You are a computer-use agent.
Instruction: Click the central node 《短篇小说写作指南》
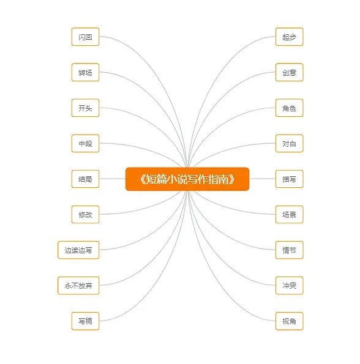click(x=187, y=179)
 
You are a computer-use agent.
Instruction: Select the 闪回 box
click(x=85, y=37)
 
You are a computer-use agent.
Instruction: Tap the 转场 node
click(x=85, y=72)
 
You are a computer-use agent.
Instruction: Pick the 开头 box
click(x=85, y=108)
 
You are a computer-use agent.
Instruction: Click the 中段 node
click(x=85, y=143)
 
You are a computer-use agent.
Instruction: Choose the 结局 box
click(x=85, y=179)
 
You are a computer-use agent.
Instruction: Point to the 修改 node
click(x=85, y=214)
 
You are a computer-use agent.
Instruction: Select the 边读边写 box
click(x=78, y=250)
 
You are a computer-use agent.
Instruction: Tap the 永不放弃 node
click(x=78, y=286)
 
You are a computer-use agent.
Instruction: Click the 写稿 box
click(x=85, y=321)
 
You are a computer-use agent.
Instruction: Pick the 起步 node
click(x=289, y=37)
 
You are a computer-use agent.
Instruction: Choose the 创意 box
click(x=289, y=72)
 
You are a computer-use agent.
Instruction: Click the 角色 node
click(x=289, y=108)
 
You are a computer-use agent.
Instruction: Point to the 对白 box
click(x=289, y=143)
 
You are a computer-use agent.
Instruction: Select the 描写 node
click(x=289, y=179)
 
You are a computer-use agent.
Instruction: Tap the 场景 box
click(x=289, y=214)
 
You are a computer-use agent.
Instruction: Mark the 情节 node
click(x=289, y=250)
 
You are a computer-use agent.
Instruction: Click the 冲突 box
click(x=289, y=286)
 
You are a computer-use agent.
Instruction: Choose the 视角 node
click(x=289, y=321)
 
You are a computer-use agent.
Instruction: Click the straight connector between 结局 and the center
click(x=113, y=179)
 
